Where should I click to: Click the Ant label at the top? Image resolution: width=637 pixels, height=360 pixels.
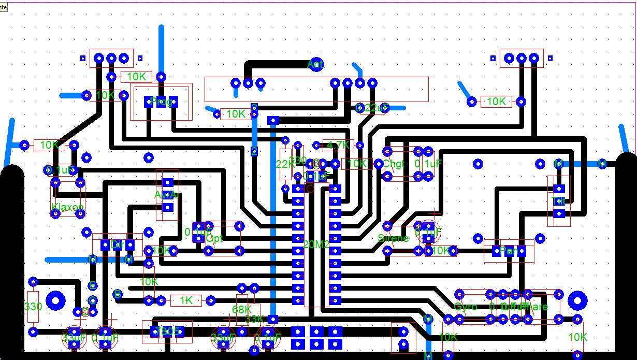click(x=315, y=65)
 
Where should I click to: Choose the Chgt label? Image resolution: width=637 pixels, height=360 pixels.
click(x=393, y=164)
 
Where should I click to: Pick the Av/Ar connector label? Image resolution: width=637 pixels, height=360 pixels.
click(x=167, y=195)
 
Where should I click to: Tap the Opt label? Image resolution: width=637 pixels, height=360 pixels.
click(x=214, y=239)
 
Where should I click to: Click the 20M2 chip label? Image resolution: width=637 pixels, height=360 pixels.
click(x=316, y=244)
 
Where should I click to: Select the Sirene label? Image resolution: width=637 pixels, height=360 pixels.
click(x=394, y=239)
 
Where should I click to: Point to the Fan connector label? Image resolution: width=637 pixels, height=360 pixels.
click(x=509, y=251)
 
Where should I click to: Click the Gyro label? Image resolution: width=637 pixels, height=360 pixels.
click(x=465, y=307)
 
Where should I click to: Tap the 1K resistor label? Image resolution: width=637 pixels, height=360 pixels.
click(x=185, y=300)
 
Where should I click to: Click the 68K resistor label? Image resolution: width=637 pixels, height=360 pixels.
click(x=241, y=310)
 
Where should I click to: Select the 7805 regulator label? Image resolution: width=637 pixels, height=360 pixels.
click(x=167, y=331)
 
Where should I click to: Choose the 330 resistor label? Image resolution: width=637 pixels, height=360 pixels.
click(x=33, y=307)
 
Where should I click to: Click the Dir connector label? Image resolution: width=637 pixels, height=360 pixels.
click(x=117, y=244)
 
